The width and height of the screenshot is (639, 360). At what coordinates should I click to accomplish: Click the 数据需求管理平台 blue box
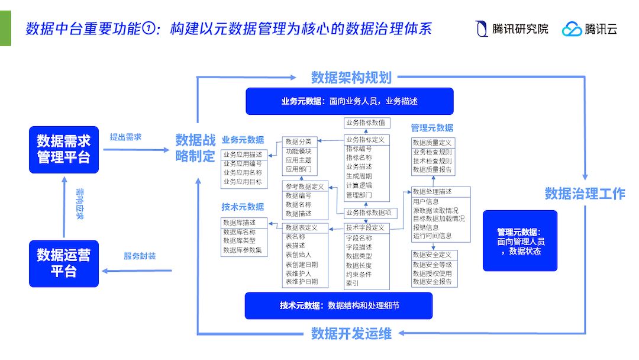point(64,149)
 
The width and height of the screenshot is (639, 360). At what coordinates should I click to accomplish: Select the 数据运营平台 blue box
point(64,263)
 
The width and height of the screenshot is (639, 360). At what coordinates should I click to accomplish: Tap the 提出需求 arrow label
point(125,137)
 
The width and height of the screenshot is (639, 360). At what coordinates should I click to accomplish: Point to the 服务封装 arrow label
point(140,256)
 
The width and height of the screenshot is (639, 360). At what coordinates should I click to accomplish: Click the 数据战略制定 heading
point(195,148)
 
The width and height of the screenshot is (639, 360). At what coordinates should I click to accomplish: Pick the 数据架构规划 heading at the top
point(351,78)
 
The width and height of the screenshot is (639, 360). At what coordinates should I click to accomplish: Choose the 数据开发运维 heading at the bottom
point(351,334)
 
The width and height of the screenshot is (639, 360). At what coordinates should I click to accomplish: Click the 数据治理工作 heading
point(585,194)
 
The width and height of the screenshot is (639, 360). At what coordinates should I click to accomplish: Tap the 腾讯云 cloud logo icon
point(572,29)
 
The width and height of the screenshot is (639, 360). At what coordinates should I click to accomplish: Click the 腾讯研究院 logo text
point(520,29)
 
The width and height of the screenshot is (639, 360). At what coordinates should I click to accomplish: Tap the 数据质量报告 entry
point(432,170)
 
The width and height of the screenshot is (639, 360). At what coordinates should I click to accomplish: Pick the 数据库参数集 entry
point(242,250)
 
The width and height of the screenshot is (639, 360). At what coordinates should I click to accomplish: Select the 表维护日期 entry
point(301,282)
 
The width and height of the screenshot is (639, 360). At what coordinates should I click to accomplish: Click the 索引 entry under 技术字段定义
point(353,283)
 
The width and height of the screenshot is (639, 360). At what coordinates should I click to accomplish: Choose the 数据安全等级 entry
point(432,265)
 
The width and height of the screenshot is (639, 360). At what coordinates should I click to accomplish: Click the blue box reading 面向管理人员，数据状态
point(520,241)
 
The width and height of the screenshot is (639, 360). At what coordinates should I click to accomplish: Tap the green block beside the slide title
point(5,28)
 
